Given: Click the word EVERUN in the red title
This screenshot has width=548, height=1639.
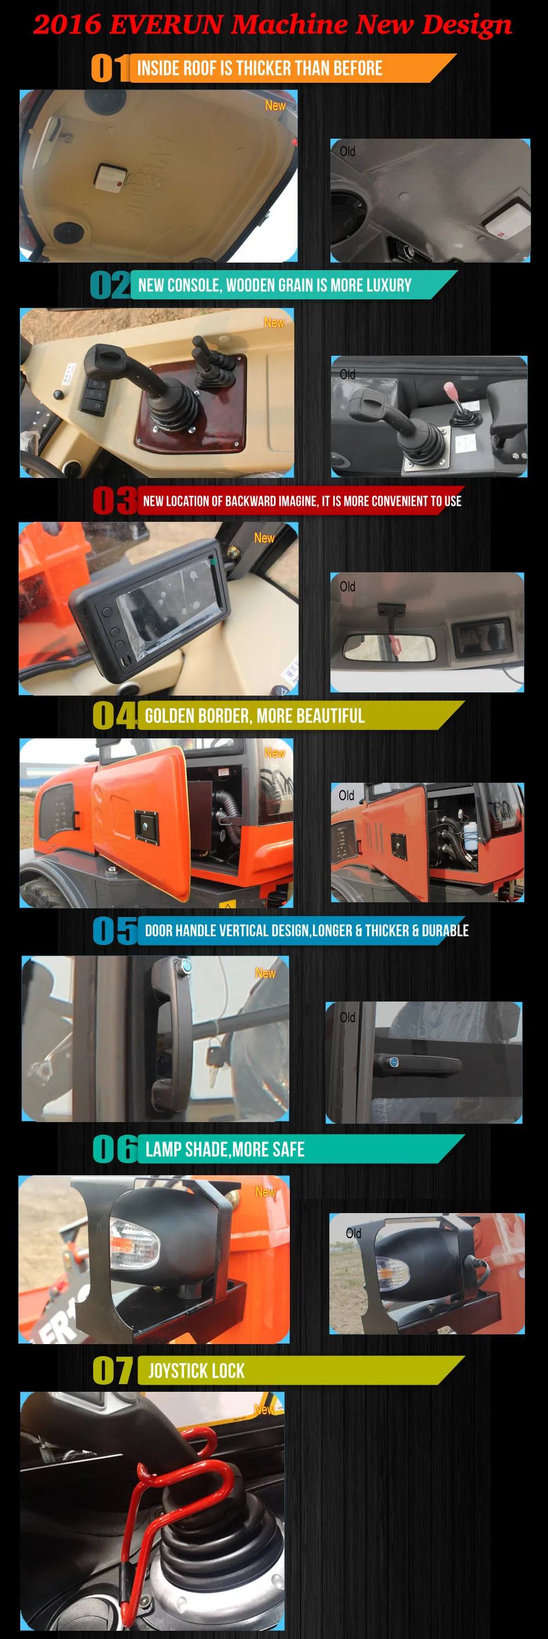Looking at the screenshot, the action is [165, 24].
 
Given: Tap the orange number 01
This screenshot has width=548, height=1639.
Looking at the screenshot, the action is [110, 67].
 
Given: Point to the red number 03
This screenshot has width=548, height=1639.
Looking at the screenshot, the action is [115, 500].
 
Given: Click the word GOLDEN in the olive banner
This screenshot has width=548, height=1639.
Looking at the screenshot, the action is [170, 716].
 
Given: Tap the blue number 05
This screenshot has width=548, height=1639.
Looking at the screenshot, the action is [115, 930].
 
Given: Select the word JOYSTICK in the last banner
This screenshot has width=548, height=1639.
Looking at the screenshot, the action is [174, 1370].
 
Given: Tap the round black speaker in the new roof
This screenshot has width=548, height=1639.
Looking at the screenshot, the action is [67, 231].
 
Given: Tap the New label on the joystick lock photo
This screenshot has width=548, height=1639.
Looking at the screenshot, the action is [264, 1410].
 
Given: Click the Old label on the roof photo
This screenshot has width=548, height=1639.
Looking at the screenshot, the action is [347, 151].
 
